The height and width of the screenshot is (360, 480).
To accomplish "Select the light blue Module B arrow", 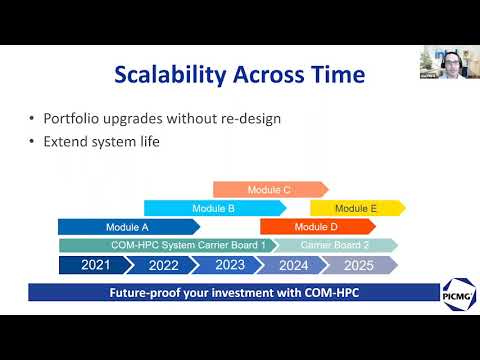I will coord(215,208).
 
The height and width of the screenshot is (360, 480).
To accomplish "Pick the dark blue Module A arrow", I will coord(128,227).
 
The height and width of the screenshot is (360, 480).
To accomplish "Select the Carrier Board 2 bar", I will coord(335,245).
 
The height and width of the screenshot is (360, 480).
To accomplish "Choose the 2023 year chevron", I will coord(230,265).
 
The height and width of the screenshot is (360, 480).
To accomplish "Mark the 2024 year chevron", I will coord(294,265).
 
